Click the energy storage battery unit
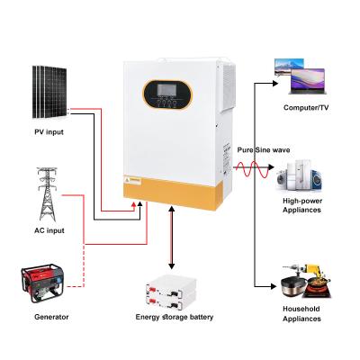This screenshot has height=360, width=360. pos(173,289)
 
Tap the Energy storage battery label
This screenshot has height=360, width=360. pos(173,317)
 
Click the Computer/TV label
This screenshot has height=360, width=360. pos(304,108)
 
